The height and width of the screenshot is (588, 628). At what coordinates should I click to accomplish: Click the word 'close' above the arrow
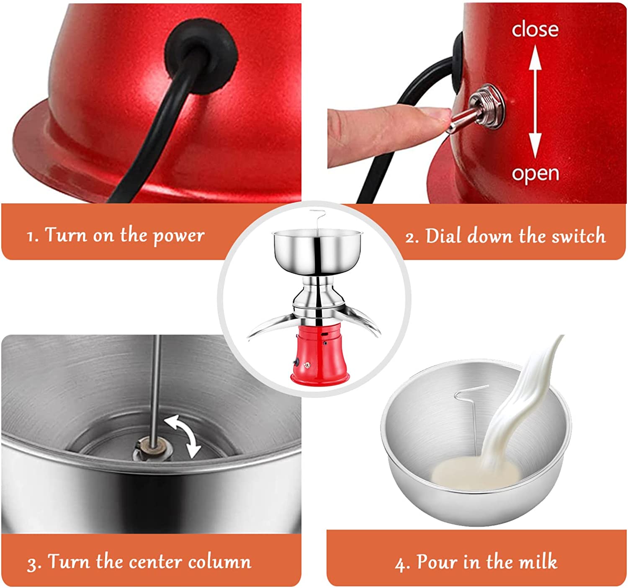click(x=535, y=30)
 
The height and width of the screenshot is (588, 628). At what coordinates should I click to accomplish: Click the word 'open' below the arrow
click(x=535, y=174)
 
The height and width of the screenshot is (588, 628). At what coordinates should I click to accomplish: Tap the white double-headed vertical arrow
click(x=535, y=101)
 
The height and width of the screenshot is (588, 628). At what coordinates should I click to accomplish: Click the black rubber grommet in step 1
click(x=202, y=55)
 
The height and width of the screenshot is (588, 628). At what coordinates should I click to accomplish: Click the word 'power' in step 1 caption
click(x=179, y=236)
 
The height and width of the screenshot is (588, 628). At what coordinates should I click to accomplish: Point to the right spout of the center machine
click(x=360, y=322)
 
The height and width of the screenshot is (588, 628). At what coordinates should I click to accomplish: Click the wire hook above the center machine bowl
click(x=317, y=220)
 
